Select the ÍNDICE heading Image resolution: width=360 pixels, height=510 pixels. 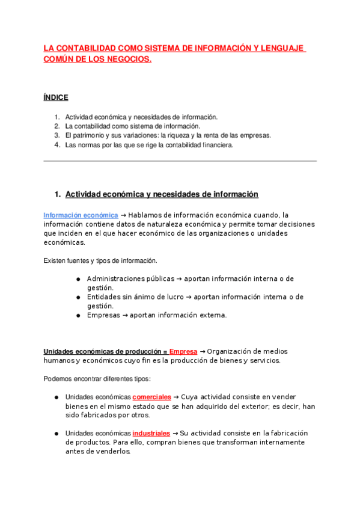(56, 97)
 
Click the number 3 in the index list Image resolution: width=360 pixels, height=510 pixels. (56, 135)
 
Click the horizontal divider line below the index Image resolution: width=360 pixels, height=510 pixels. (180, 161)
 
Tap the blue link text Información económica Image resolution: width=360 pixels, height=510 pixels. (81, 215)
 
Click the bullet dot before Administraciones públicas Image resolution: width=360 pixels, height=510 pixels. (79, 279)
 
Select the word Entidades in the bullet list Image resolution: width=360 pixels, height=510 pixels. (104, 296)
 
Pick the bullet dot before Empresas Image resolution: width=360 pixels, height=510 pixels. (79, 315)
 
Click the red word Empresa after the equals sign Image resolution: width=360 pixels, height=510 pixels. (183, 351)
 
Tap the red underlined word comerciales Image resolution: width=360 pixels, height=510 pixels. (151, 397)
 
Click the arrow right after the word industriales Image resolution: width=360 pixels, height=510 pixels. (175, 433)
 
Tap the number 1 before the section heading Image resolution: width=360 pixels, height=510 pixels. (57, 194)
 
